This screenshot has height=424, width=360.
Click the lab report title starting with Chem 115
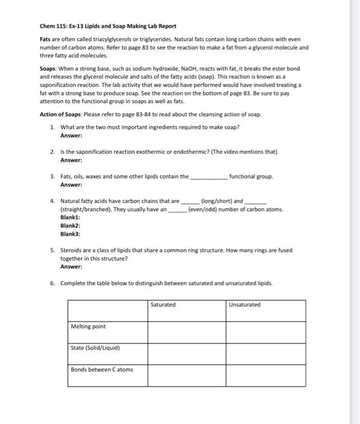coord(108,26)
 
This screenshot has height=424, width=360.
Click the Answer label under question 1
coord(71,136)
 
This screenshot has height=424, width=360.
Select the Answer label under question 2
coord(71,160)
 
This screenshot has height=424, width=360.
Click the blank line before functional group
coord(209,177)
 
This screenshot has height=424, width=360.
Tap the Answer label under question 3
coord(71,184)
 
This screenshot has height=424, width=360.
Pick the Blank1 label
coord(70,217)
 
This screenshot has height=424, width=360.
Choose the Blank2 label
coord(70,225)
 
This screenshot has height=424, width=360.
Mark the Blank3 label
coord(70,233)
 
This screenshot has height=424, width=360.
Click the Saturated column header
coord(163,305)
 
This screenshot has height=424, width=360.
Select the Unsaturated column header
coord(245,305)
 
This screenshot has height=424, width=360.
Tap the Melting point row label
coord(88,326)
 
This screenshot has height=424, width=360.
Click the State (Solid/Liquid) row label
coord(96,348)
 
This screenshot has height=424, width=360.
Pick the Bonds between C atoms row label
coord(102,369)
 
